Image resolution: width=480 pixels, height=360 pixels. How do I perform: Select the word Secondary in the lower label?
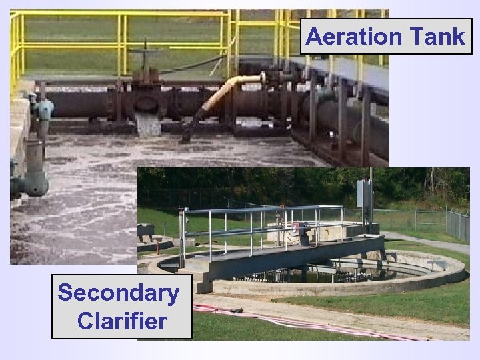pos(118,293)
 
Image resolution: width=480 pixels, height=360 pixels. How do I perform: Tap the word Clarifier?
pos(121,321)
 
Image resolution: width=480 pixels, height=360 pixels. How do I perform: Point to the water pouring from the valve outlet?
pos(147,125)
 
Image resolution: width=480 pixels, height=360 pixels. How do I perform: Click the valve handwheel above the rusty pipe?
pos(146,55)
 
